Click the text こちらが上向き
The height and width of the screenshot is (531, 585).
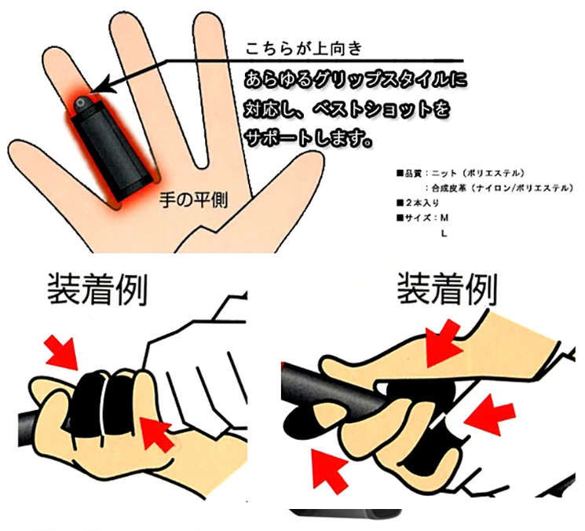pos(304,49)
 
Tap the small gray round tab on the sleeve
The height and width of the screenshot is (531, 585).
pos(82,103)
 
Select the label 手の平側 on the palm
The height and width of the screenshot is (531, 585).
pos(194,200)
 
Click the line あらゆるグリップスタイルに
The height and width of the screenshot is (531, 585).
pos(356,81)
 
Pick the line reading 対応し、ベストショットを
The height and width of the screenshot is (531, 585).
pos(347,109)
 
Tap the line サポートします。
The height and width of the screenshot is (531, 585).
pos(308,138)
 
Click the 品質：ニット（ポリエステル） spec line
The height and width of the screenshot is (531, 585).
pos(460,173)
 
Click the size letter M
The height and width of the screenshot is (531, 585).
pos(444,218)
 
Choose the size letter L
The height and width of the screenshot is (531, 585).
pos(444,233)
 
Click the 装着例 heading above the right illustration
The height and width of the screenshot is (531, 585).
pos(447,288)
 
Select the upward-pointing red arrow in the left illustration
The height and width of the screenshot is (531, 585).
pos(157,434)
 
